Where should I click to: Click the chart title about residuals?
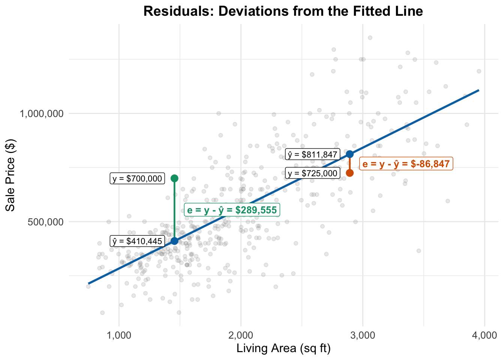283,11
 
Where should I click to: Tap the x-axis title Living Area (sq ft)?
283,348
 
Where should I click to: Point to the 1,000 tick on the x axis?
119,335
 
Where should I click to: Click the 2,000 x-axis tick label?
241,335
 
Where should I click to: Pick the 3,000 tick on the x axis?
363,335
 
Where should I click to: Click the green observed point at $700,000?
174,178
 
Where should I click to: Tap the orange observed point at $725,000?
350,173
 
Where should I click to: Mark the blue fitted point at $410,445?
174,241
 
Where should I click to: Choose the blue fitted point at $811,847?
350,154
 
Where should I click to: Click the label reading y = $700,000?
137,178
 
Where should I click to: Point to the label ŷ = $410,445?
137,241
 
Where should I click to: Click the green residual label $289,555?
232,210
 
